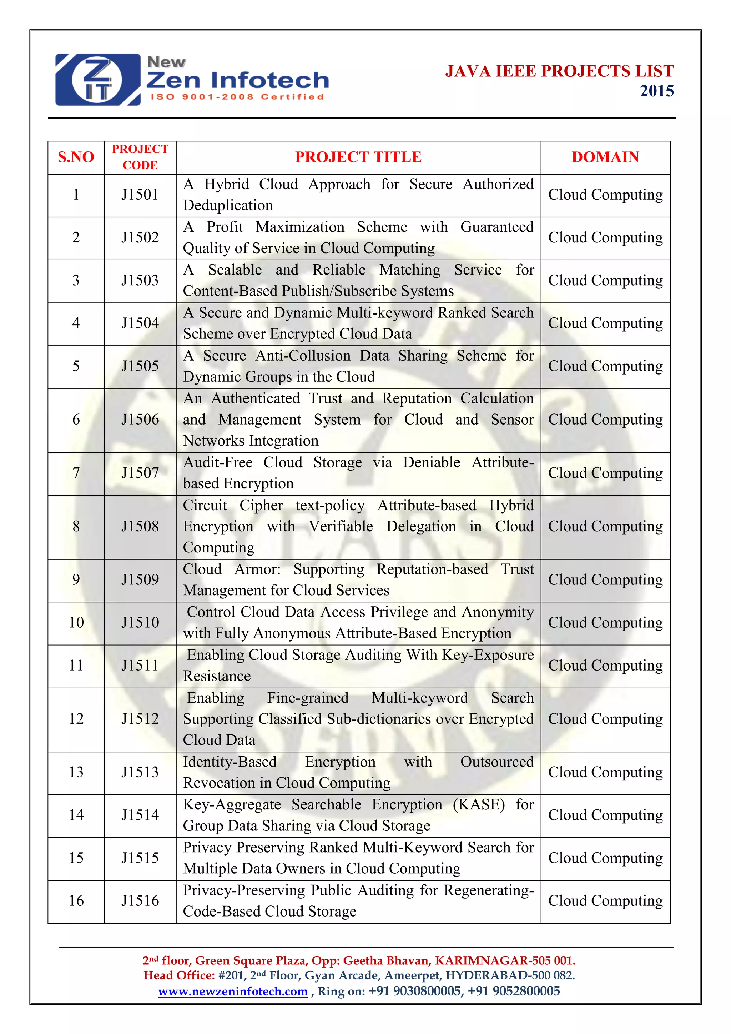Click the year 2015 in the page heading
(x=657, y=91)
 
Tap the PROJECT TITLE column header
(x=358, y=157)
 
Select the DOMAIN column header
(x=605, y=157)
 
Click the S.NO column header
(x=76, y=157)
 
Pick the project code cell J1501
(x=140, y=195)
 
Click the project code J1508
(x=140, y=526)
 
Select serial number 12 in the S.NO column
(x=76, y=718)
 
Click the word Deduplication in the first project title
(x=228, y=205)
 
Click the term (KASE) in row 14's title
(x=479, y=804)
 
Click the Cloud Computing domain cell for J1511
(x=605, y=665)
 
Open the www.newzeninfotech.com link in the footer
(x=233, y=991)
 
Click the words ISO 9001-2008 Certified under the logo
(x=237, y=97)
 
